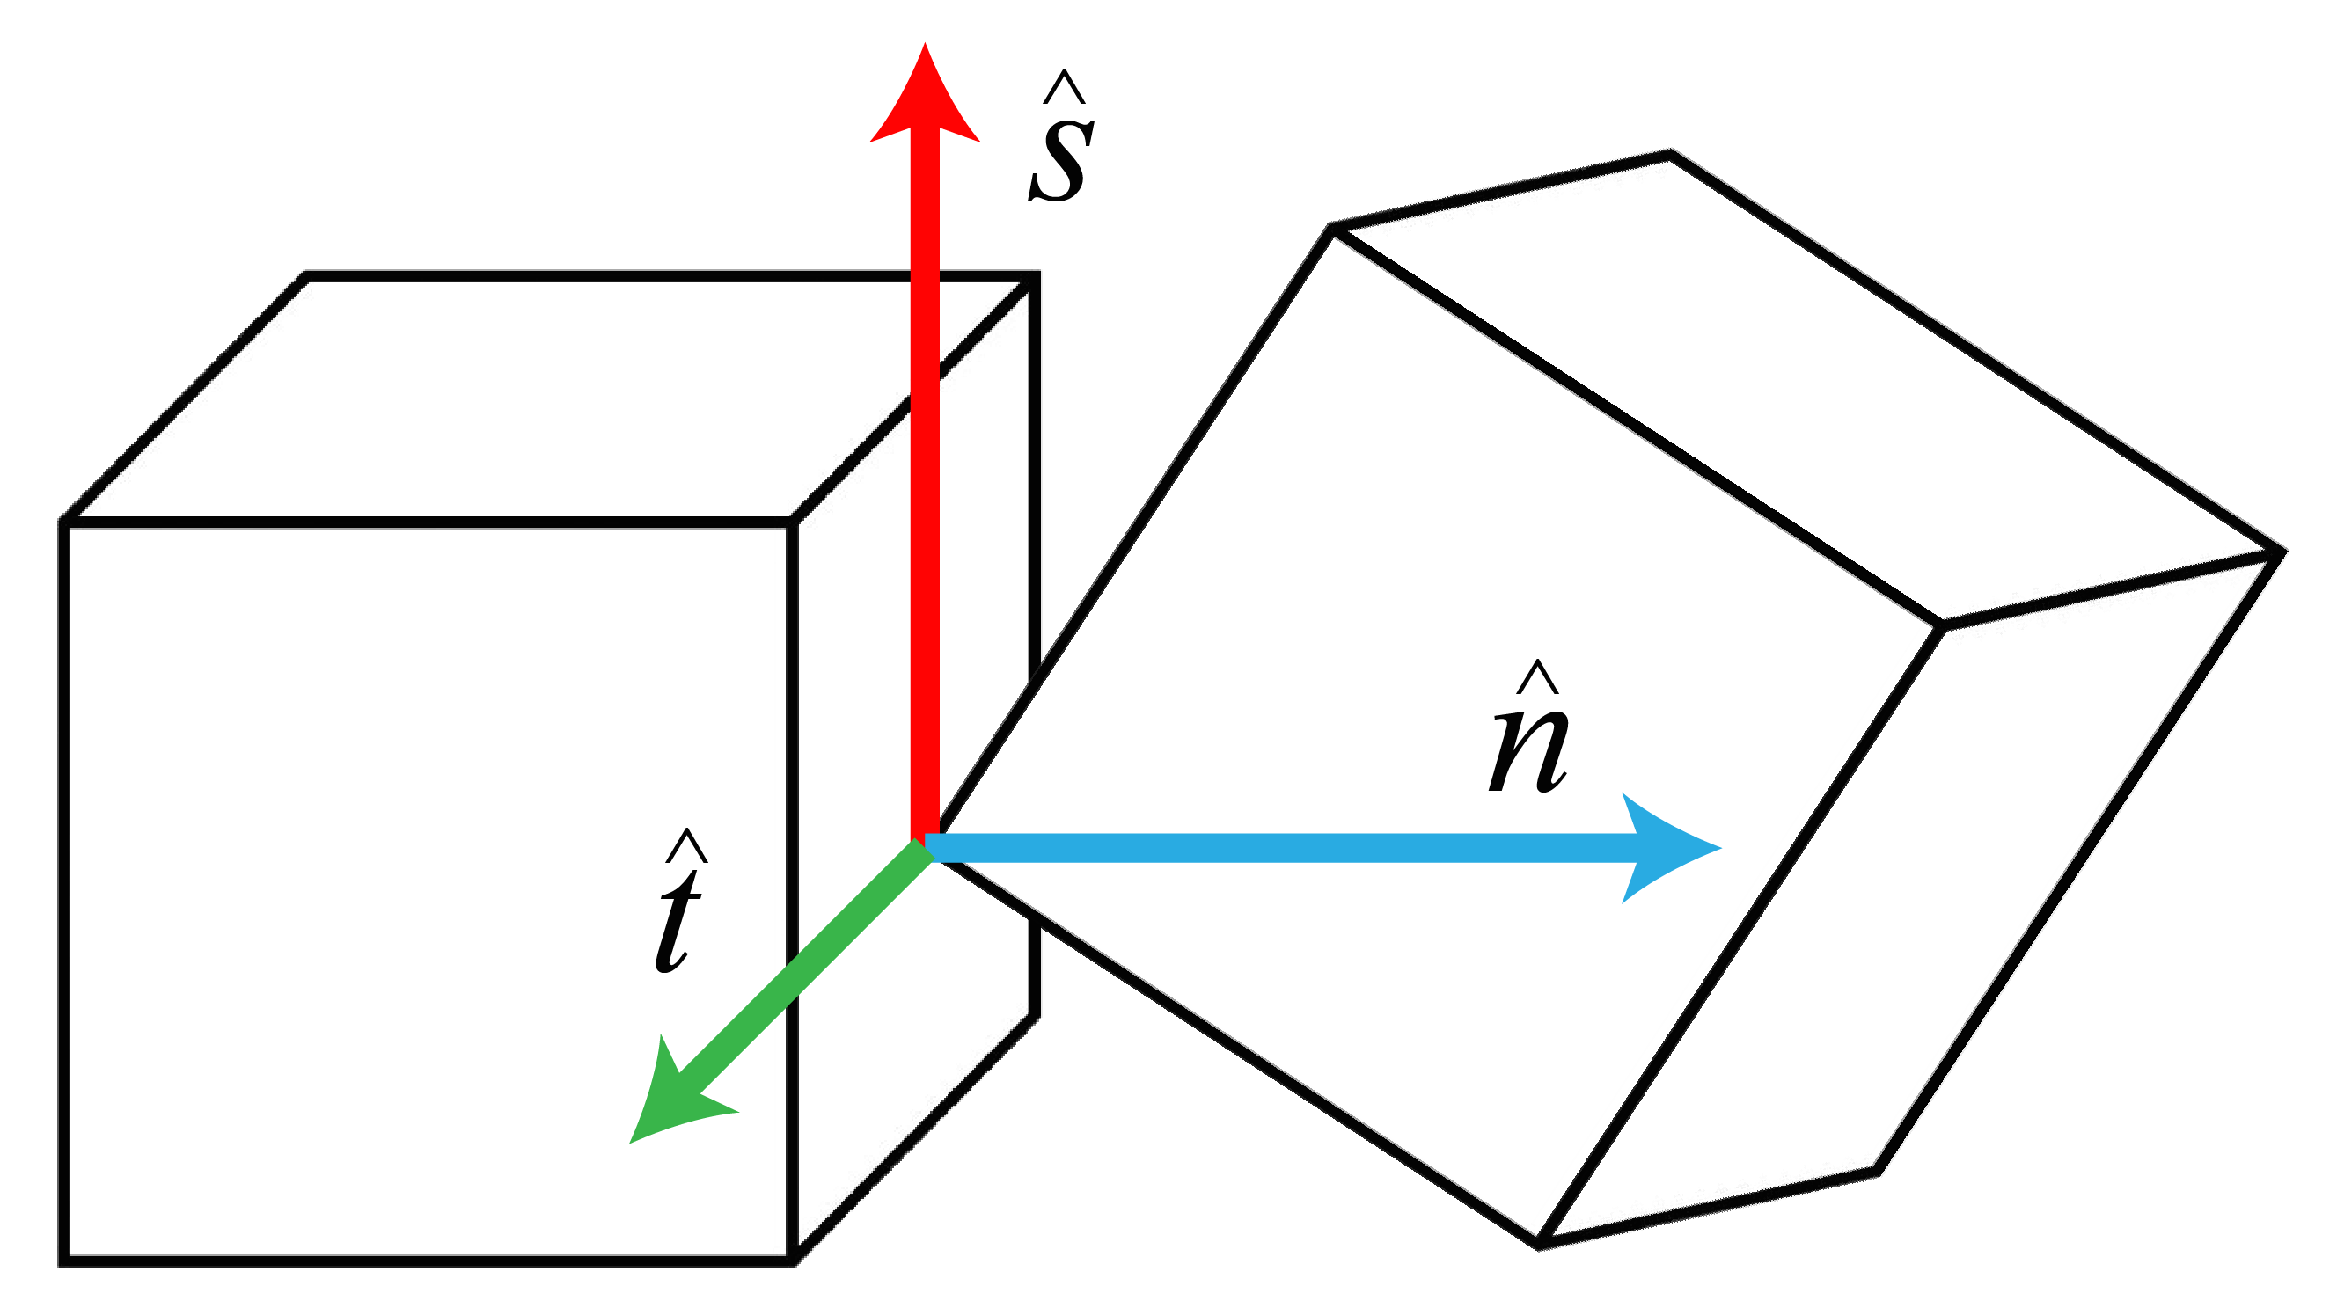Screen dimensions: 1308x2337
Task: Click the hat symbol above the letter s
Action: coord(1063,89)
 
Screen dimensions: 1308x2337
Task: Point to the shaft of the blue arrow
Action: coord(1270,848)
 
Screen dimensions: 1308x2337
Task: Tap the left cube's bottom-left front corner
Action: coord(63,1261)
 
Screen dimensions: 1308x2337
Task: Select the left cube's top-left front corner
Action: coord(63,522)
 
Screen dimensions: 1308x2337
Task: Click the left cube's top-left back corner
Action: coord(306,277)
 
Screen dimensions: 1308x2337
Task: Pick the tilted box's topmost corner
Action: coord(1669,155)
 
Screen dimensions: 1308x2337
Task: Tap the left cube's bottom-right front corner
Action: coord(793,1261)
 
